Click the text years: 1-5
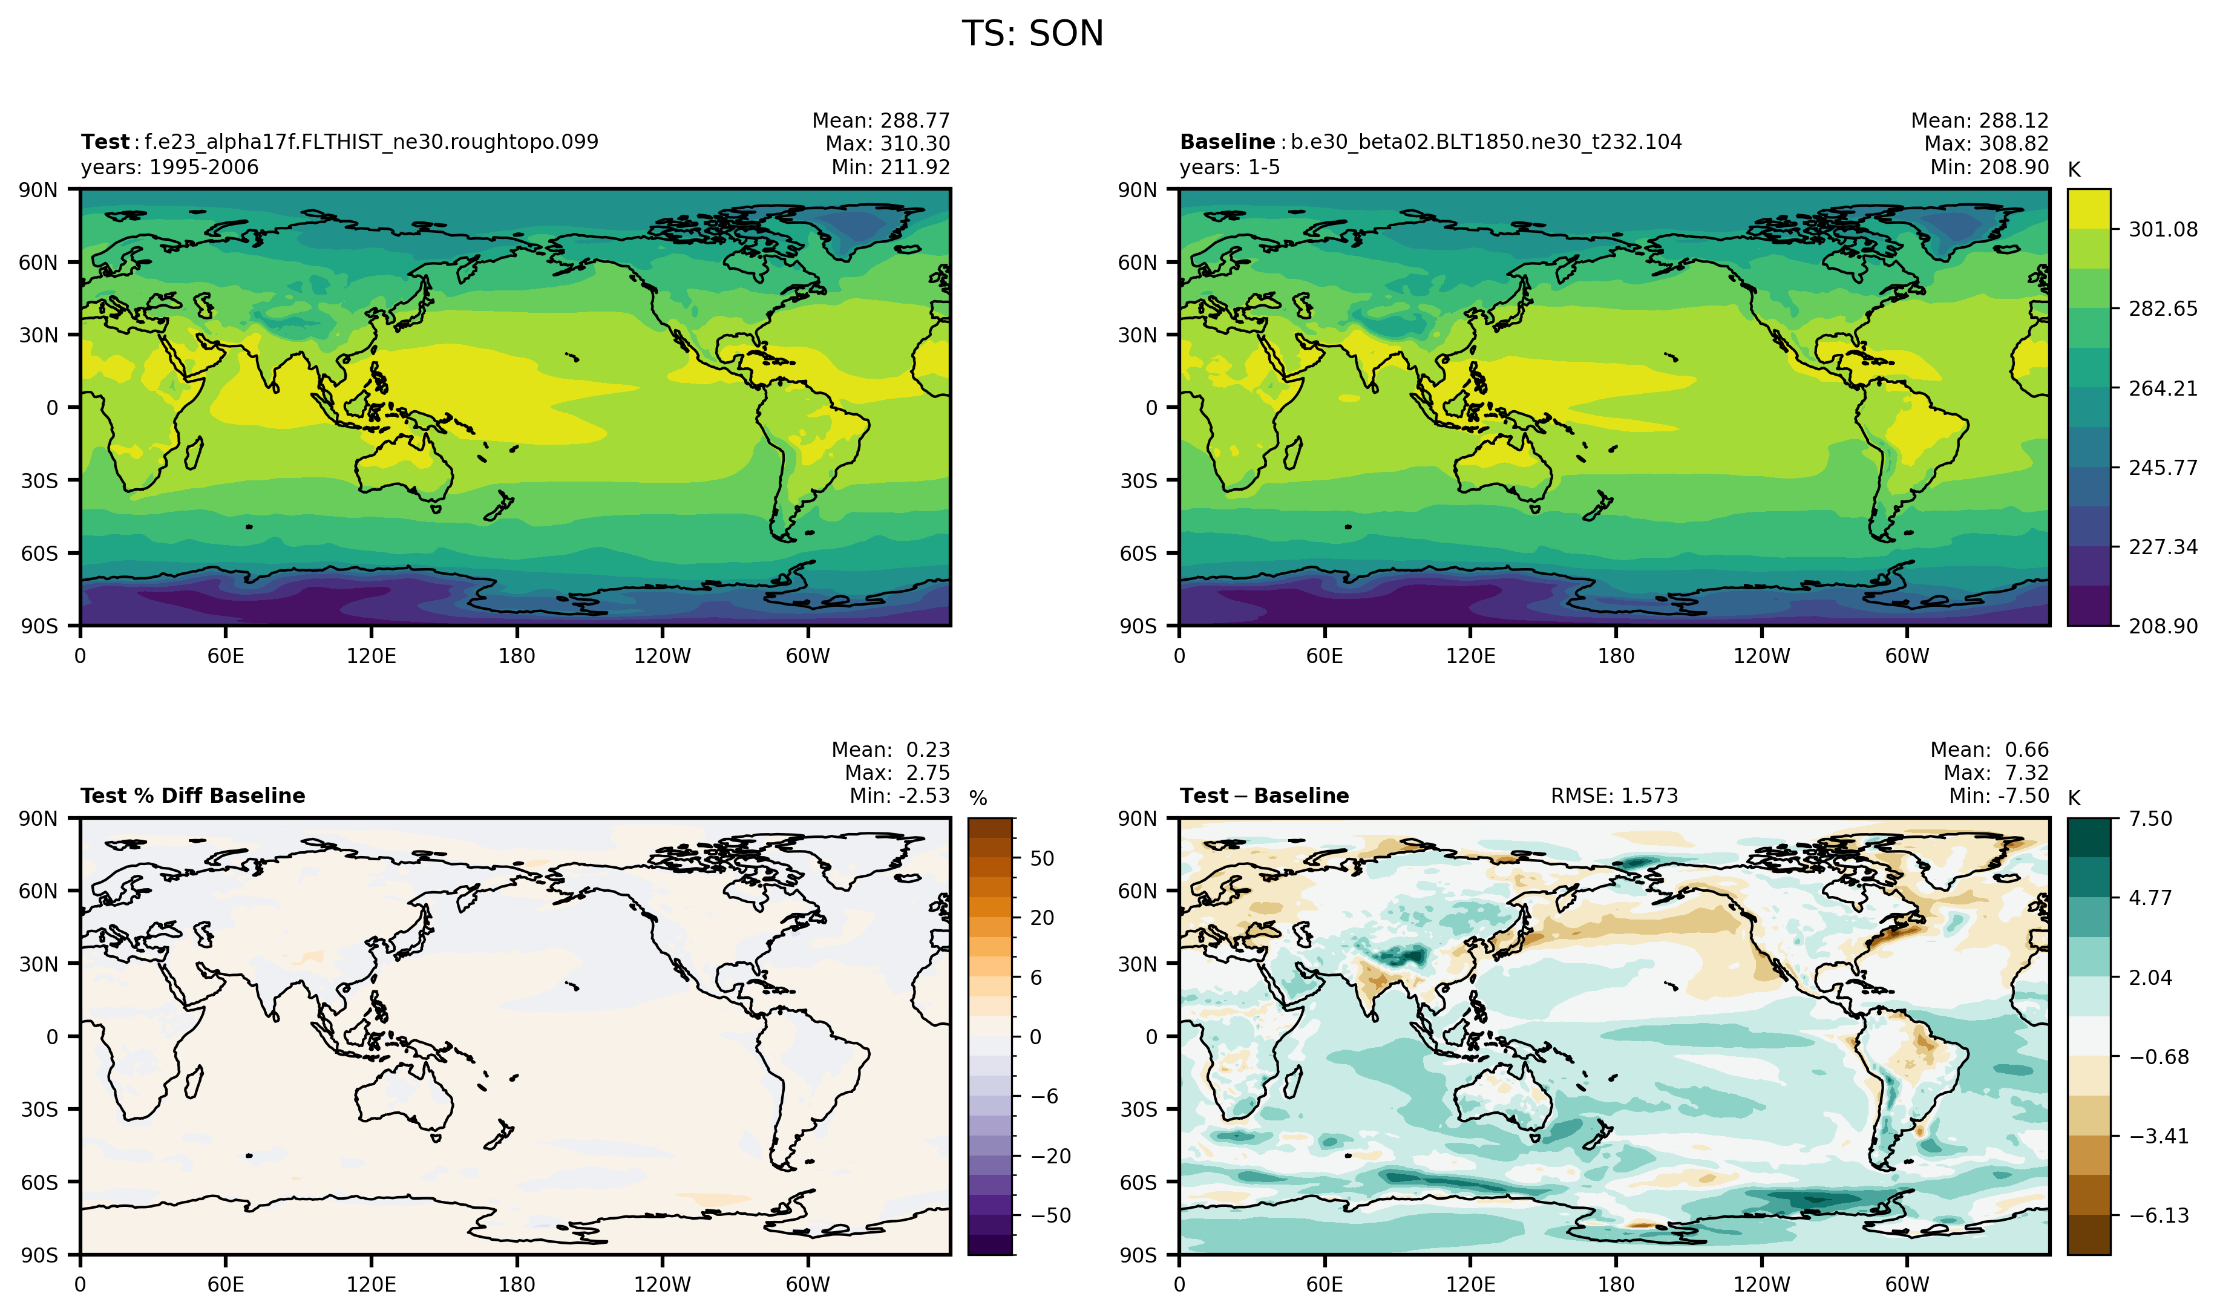point(1229,168)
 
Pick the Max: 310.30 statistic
point(887,143)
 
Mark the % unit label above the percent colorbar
point(977,799)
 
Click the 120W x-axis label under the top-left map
point(663,656)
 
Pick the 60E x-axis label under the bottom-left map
point(226,1285)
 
